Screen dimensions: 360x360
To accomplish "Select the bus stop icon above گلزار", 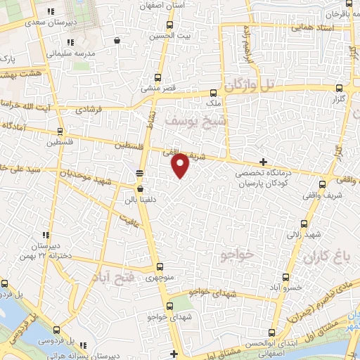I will [x=340, y=89].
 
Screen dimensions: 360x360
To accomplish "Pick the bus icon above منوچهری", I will [x=160, y=266].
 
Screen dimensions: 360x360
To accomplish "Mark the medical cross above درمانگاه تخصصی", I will [x=263, y=162].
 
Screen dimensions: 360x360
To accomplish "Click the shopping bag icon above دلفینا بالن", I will [x=140, y=188].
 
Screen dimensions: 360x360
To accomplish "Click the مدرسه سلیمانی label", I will [x=69, y=53].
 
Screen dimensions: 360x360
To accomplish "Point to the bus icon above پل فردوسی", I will [x=5, y=284].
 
